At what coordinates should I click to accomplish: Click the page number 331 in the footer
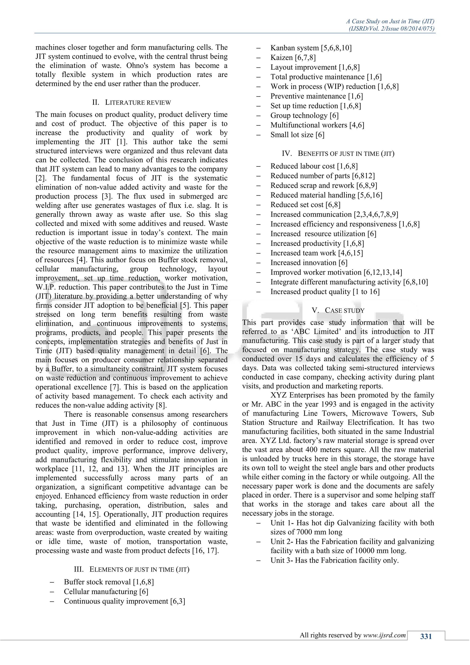pyautogui.click(x=426, y=636)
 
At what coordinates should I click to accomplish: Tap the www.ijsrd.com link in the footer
pyautogui.click(x=384, y=635)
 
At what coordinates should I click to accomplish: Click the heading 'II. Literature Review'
pyautogui.click(x=131, y=103)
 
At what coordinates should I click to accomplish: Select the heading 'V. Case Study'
pyautogui.click(x=338, y=310)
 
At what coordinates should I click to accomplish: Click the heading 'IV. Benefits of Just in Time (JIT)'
pyautogui.click(x=338, y=154)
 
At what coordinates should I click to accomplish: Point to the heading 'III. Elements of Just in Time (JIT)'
pyautogui.click(x=131, y=569)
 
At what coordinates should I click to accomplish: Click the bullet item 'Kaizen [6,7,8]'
pyautogui.click(x=293, y=58)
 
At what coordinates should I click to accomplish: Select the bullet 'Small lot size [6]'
pyautogui.click(x=297, y=135)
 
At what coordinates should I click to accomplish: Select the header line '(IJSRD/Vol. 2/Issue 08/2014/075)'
pyautogui.click(x=391, y=29)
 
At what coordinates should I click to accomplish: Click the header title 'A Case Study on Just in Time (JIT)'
pyautogui.click(x=390, y=21)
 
